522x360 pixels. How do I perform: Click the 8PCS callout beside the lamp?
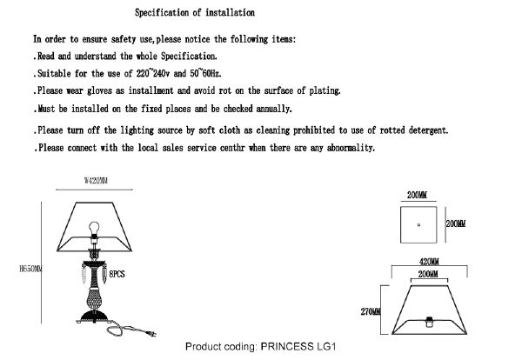[x=117, y=273]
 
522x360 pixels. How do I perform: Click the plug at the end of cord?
[x=150, y=333]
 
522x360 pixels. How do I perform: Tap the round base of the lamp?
[x=94, y=316]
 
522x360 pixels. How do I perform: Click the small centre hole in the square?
[x=418, y=224]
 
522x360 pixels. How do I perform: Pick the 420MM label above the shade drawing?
[x=428, y=262]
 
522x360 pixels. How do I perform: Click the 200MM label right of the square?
[x=456, y=223]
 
